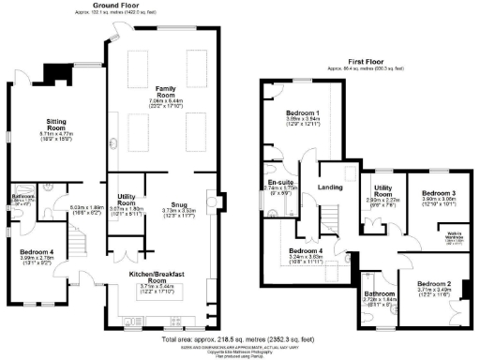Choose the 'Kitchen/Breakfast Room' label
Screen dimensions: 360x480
154,274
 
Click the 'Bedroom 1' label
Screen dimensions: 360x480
304,112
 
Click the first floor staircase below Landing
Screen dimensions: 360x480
329,220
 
